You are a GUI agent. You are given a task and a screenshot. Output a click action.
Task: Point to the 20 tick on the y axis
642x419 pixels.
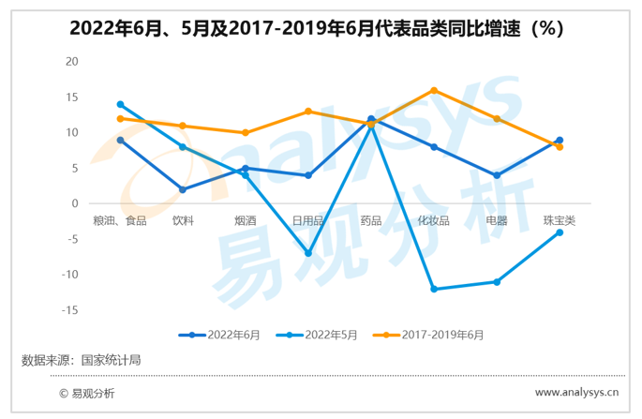pos(72,61)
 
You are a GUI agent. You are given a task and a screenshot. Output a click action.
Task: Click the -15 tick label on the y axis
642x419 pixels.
pos(70,310)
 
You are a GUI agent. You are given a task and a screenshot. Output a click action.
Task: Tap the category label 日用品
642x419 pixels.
pos(308,221)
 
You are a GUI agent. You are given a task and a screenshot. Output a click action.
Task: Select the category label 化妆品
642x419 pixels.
pos(434,221)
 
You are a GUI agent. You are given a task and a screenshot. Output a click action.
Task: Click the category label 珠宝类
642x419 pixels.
pos(560,221)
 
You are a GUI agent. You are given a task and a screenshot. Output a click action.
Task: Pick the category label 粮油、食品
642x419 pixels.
pos(120,221)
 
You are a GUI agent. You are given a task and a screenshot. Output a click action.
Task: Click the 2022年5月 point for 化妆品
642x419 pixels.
pos(434,289)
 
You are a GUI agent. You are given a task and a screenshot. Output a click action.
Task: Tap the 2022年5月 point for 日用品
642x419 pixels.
pos(308,253)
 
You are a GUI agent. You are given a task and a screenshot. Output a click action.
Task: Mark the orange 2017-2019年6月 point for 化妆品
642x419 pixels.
pos(434,90)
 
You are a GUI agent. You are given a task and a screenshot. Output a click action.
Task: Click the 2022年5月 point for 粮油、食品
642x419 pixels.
pos(120,104)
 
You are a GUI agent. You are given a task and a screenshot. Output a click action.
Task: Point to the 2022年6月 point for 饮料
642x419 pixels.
pos(183,189)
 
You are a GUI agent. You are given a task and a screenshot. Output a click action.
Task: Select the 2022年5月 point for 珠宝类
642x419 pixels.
pos(560,232)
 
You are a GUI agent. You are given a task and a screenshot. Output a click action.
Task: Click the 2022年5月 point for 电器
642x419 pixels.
pos(497,282)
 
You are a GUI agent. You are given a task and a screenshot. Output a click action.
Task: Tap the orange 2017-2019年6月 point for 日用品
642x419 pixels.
pos(308,112)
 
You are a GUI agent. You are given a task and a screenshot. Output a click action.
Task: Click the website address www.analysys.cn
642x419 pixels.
pos(576,394)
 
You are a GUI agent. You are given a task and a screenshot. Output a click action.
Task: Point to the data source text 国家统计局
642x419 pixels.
pos(112,359)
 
